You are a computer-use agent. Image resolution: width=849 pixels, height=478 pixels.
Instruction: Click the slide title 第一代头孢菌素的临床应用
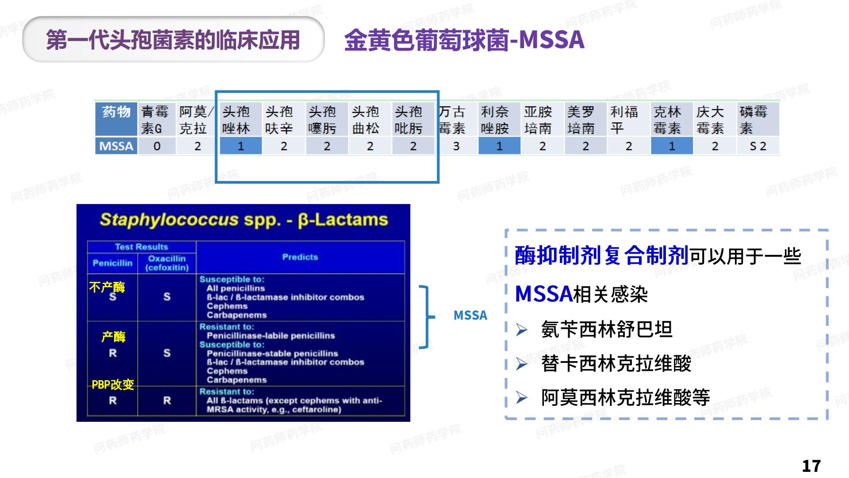coord(173,40)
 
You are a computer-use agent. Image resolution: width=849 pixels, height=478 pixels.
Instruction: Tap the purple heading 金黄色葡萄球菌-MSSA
coord(464,40)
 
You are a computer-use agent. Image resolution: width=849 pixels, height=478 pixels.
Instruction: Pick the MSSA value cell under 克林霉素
coord(672,146)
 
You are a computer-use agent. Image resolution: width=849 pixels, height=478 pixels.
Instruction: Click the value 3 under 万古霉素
coord(456,146)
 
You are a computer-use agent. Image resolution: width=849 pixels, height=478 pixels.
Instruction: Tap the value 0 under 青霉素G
coord(157,146)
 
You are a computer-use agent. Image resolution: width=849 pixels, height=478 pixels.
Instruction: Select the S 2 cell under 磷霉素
coord(758,146)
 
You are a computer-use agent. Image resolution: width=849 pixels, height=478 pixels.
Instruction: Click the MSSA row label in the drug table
coord(116,146)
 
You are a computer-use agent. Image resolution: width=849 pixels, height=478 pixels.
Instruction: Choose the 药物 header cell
coord(116,112)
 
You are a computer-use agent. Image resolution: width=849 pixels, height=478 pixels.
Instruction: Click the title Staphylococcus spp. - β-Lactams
coord(244,220)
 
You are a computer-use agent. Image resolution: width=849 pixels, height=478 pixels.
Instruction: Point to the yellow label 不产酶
coord(107,287)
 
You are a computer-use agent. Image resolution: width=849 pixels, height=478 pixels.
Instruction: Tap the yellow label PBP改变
coord(113,385)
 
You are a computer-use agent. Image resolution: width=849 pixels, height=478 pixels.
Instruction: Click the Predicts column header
coord(300,257)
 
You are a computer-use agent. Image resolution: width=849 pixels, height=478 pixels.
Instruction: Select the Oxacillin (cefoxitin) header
coord(167,263)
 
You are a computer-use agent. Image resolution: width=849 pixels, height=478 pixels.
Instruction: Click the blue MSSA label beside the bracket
coord(470,315)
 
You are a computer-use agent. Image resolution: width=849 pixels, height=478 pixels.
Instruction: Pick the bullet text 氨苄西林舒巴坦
coord(607,330)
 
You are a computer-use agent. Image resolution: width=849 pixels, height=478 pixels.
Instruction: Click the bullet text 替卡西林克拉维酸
coord(616,364)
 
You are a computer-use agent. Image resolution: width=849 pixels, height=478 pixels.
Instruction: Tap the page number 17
coord(811,466)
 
